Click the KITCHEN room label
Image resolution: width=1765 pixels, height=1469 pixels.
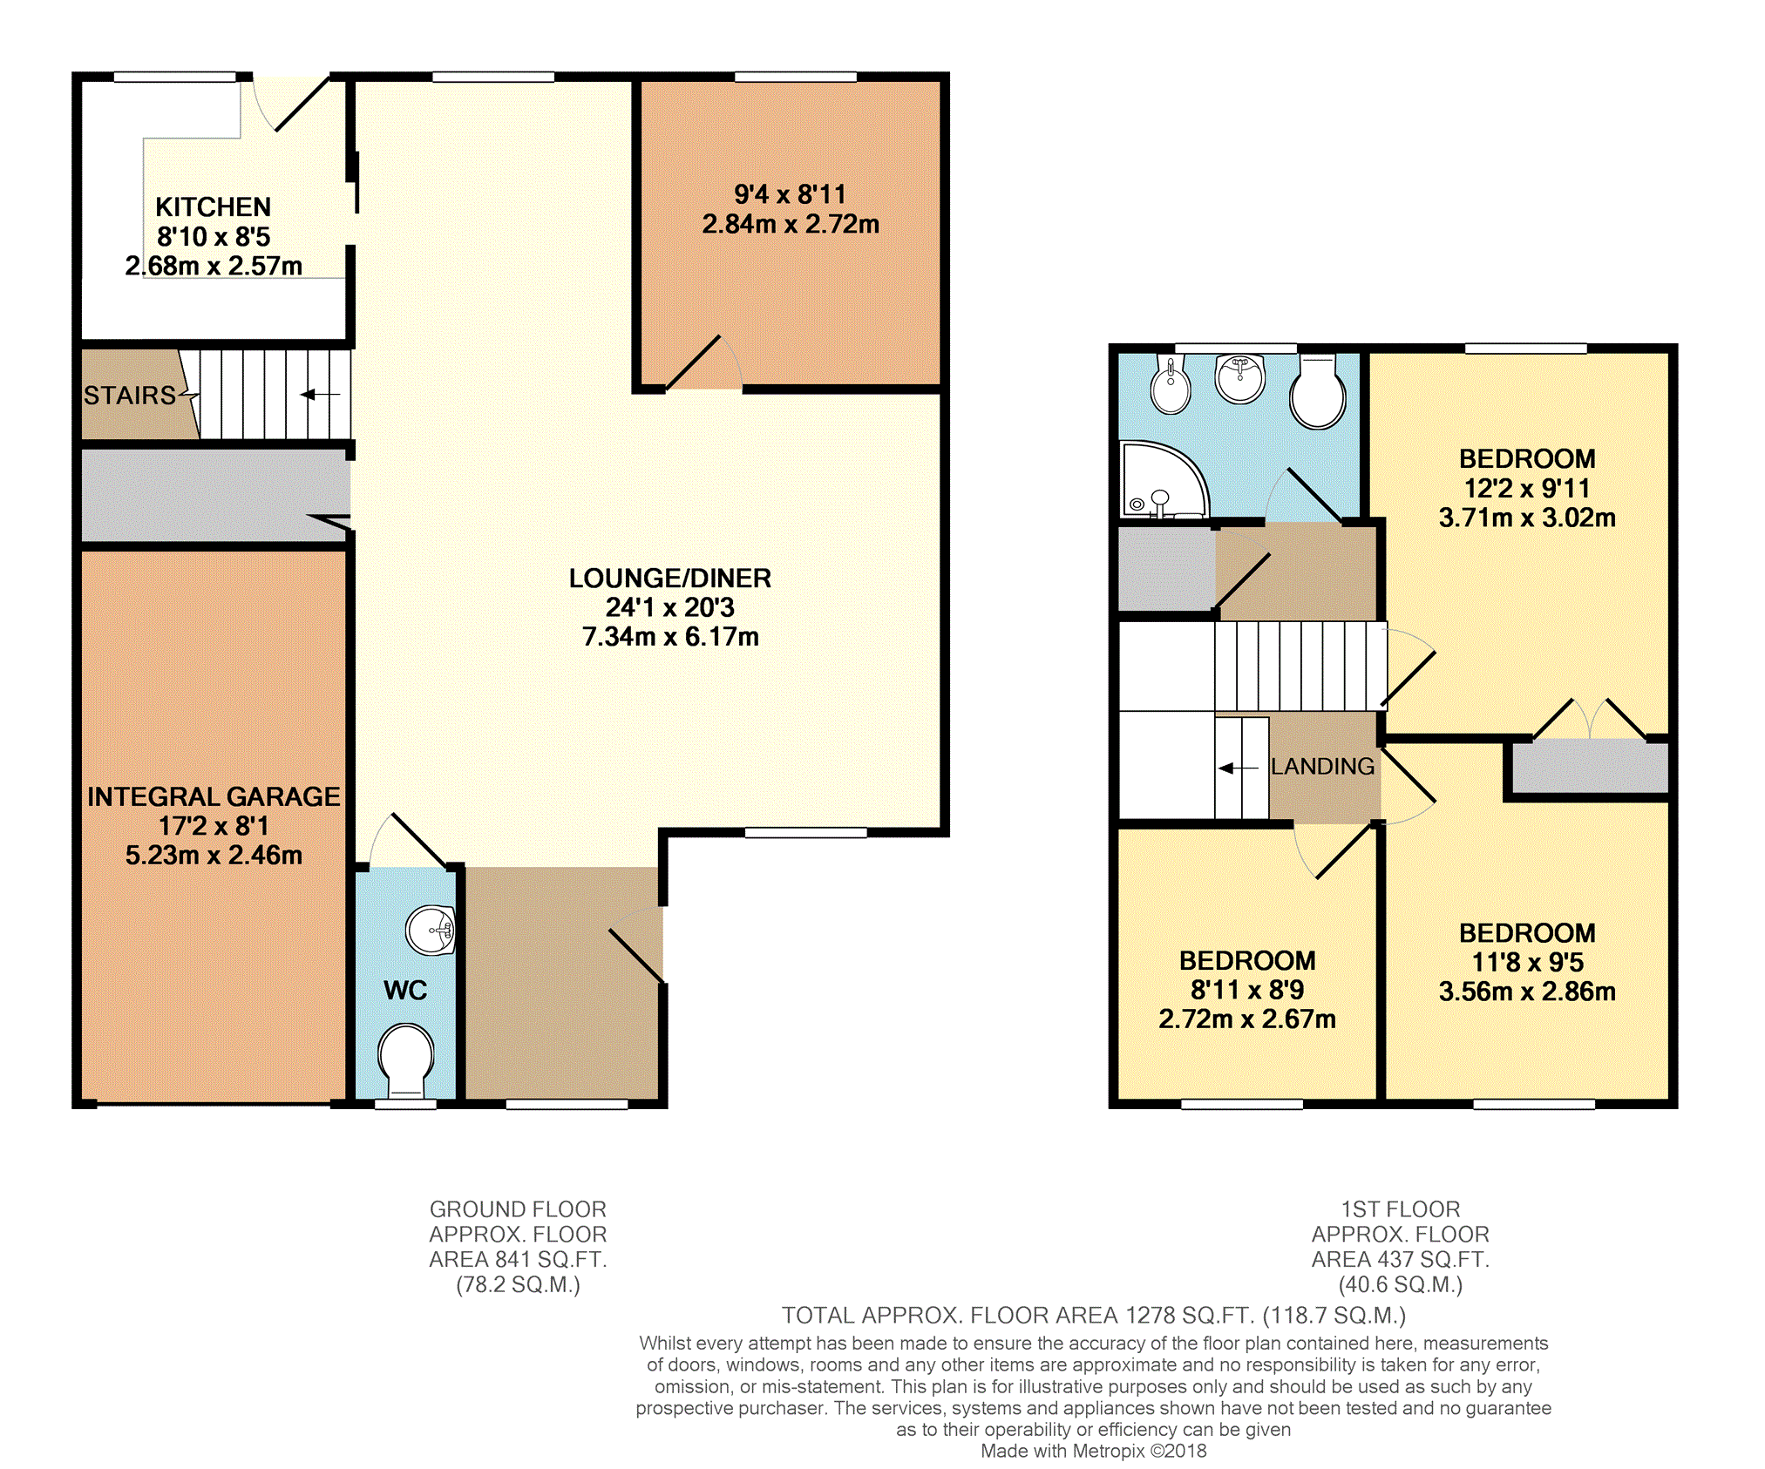(213, 207)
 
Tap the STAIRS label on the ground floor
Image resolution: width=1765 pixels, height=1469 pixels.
(130, 396)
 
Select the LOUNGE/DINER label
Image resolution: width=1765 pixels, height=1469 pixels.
(670, 579)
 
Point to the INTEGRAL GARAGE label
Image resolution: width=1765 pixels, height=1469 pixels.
(214, 796)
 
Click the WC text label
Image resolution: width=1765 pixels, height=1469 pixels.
(405, 991)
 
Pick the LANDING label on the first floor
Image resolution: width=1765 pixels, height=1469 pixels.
(1322, 767)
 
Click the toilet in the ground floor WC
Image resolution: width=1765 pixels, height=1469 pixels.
(406, 1059)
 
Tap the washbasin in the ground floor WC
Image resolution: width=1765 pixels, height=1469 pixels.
(431, 931)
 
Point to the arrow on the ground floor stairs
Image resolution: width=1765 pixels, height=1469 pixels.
(320, 395)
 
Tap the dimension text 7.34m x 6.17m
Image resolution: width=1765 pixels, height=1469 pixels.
(670, 637)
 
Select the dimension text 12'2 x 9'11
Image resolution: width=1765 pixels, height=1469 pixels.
(1527, 489)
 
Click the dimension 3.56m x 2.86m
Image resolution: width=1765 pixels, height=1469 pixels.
(1527, 992)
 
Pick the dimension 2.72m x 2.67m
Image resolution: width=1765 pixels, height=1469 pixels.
(1247, 1019)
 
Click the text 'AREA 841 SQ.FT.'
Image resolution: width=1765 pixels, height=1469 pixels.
(518, 1260)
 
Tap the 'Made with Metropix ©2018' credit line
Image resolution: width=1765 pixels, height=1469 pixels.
(1094, 1451)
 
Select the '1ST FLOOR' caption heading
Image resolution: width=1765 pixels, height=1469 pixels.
(1401, 1209)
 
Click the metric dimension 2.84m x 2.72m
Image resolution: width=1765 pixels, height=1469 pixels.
(791, 225)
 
